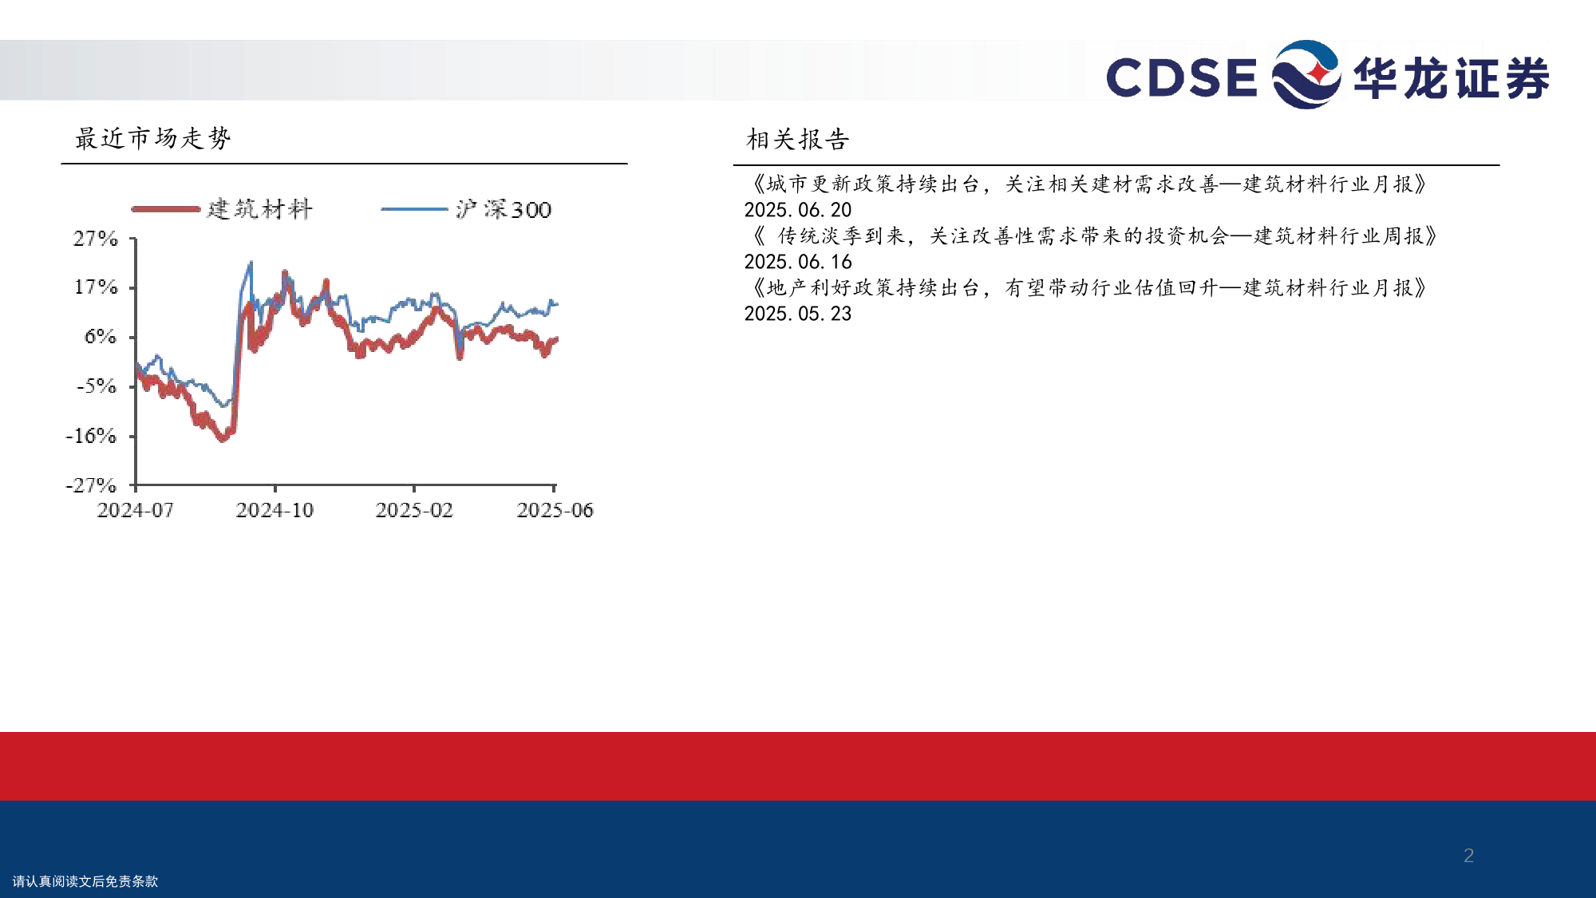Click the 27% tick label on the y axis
coord(96,239)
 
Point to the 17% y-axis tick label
coord(97,287)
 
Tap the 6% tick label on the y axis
coord(101,337)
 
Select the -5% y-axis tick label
coord(97,386)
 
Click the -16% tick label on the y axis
coord(91,436)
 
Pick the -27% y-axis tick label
coord(91,485)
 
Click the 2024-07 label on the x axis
coord(136,510)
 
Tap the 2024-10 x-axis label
coord(275,510)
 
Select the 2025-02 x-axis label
coord(414,510)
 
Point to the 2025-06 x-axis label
coord(555,510)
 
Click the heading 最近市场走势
coord(153,138)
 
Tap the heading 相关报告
coord(798,140)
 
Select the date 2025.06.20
coord(798,210)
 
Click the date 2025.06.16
coord(798,262)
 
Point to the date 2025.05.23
coord(798,314)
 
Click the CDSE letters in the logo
coord(1182,77)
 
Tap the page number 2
coord(1468,856)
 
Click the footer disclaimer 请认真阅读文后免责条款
coord(85,881)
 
